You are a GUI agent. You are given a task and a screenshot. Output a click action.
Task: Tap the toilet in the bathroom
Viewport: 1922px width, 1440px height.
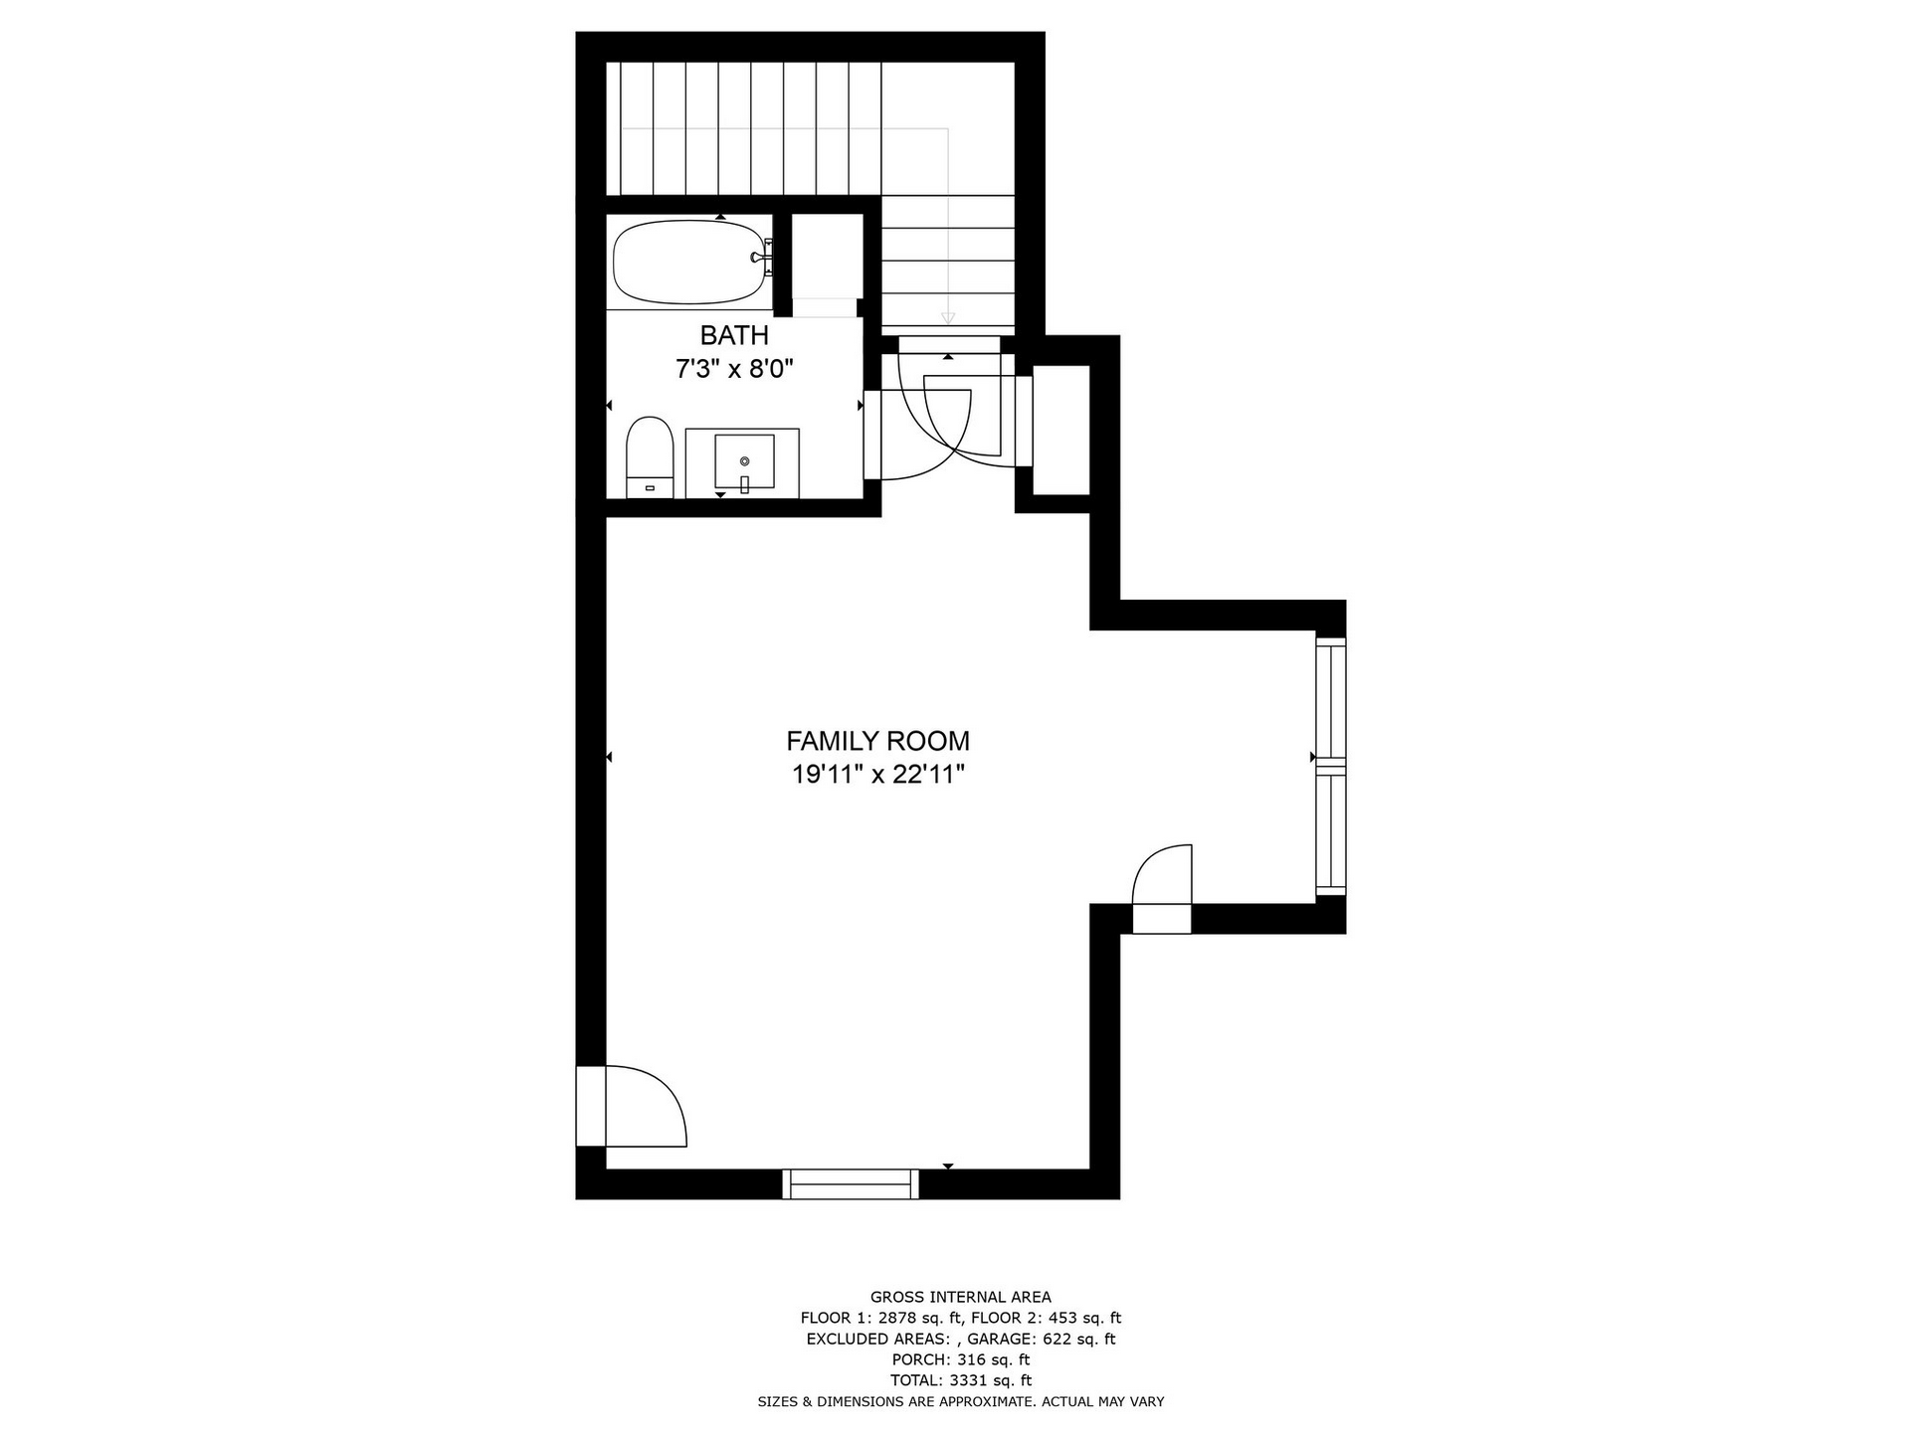[x=651, y=458]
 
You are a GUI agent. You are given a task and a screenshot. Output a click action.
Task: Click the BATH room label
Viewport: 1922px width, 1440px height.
[x=735, y=335]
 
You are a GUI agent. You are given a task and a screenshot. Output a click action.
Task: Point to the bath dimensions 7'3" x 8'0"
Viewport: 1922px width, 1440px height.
[x=735, y=370]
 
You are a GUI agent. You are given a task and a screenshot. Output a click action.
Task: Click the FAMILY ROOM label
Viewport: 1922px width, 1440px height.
[x=878, y=742]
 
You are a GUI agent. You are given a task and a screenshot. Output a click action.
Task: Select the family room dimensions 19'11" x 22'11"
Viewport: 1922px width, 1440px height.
[x=878, y=775]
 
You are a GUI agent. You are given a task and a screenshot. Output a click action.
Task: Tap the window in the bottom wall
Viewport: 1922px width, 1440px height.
[x=852, y=1184]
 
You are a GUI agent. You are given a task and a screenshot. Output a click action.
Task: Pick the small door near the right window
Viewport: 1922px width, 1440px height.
[x=1163, y=888]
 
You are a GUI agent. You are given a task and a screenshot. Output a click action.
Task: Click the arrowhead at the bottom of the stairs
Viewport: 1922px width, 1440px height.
[x=948, y=318]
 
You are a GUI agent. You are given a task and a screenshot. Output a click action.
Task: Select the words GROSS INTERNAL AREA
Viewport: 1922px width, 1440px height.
[x=961, y=1297]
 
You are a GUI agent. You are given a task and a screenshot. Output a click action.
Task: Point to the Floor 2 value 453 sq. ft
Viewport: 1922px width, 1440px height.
[x=1079, y=1319]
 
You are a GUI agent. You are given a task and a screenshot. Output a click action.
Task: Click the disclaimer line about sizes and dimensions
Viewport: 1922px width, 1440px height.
[x=961, y=1402]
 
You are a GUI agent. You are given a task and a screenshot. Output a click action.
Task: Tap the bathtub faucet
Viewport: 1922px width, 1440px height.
[x=761, y=258]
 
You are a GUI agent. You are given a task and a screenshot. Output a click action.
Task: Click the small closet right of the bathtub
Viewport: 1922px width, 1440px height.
[x=827, y=257]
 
